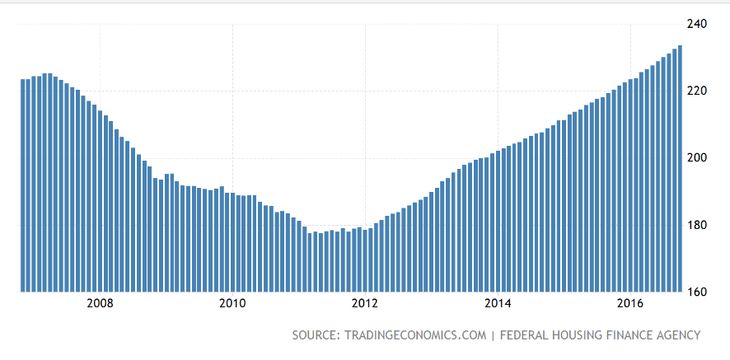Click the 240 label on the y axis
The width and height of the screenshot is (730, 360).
[x=696, y=24]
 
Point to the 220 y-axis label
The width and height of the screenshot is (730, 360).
[x=696, y=91]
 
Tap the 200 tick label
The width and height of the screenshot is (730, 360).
[x=696, y=157]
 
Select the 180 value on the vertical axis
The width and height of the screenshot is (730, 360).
[x=696, y=225]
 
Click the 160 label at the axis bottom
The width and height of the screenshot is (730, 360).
[x=696, y=292]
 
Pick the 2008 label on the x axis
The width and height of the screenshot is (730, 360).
[x=100, y=303]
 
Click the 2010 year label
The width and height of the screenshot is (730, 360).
[x=232, y=303]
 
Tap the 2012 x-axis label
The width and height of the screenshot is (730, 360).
[x=365, y=303]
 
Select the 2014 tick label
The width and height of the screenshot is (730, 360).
[x=498, y=303]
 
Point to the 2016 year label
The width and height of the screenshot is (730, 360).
[x=630, y=303]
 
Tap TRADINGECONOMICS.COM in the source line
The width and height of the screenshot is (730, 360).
[x=414, y=335]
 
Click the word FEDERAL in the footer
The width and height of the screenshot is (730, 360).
[x=525, y=335]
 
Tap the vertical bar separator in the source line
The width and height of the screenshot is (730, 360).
[x=492, y=335]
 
